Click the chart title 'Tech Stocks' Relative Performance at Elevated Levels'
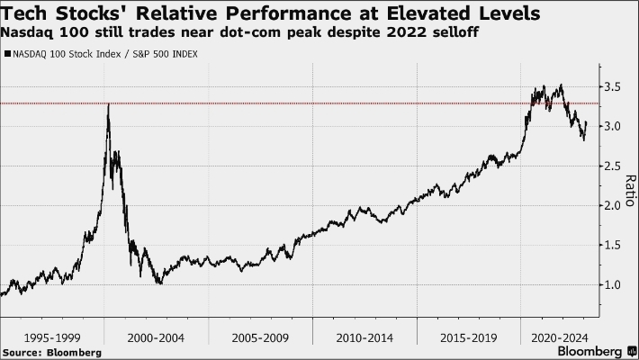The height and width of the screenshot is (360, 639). point(271,13)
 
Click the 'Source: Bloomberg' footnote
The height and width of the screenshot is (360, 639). point(51,352)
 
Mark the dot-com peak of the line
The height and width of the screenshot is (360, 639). point(109,104)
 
